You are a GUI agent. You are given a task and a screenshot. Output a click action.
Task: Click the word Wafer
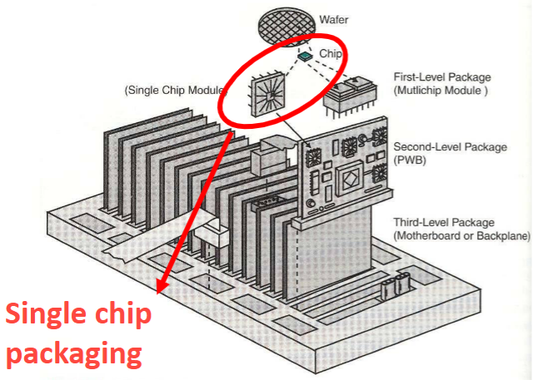point(334,20)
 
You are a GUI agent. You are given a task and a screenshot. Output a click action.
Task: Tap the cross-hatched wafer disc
point(286,26)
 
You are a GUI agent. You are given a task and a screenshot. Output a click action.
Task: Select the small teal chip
point(305,56)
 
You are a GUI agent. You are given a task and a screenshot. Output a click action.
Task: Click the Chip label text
point(331,53)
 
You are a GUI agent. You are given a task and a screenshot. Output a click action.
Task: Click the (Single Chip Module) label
point(176,91)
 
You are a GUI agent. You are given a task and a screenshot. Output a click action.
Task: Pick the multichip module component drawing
point(350,96)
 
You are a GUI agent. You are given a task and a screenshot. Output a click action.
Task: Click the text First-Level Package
point(442,77)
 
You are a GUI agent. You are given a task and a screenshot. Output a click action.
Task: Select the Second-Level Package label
point(450,147)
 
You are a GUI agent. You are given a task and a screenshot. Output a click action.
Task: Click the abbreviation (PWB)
point(410,160)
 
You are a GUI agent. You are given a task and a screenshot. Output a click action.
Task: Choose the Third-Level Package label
point(444,223)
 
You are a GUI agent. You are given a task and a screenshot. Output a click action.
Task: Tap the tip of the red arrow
point(157,294)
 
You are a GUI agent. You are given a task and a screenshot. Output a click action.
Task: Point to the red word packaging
point(74,354)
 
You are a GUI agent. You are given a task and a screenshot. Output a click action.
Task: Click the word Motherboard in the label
point(426,235)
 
